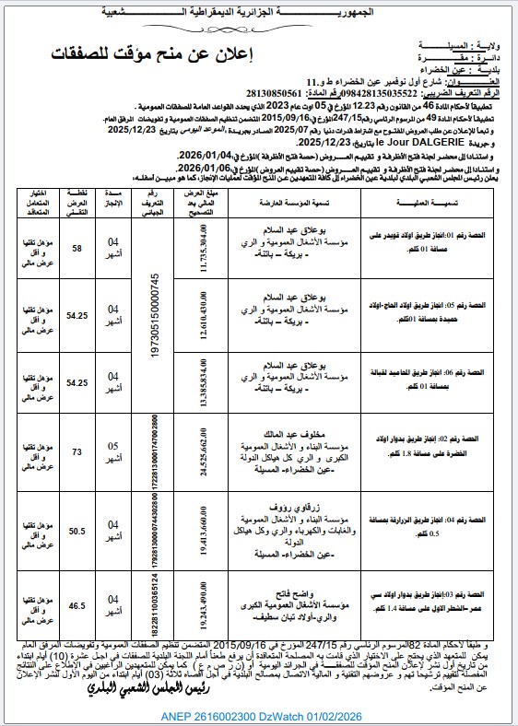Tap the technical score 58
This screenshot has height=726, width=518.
77,250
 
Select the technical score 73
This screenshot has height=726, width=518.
77,451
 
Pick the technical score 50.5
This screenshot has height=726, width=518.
77,530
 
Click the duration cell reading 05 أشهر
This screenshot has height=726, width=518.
113,451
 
